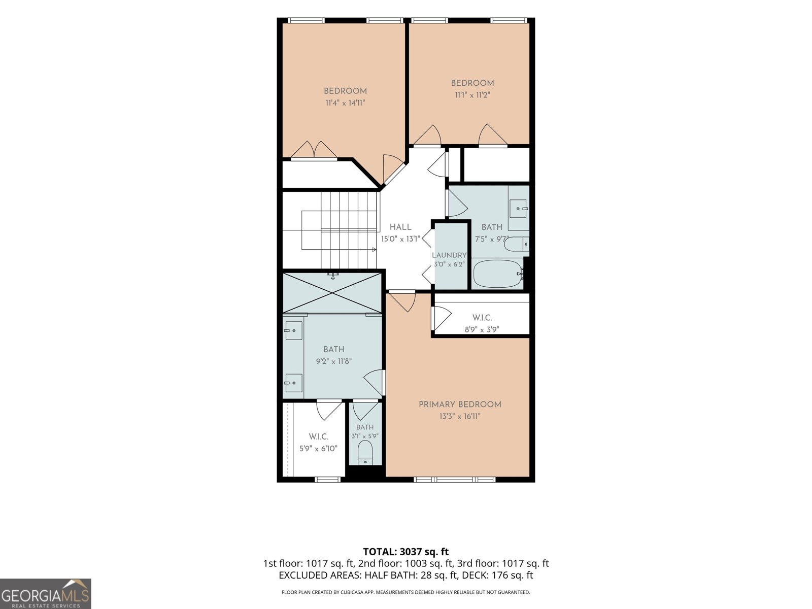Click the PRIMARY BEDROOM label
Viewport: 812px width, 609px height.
tap(460, 404)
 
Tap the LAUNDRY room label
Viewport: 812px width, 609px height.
tap(449, 255)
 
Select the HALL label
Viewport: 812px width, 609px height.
tap(400, 227)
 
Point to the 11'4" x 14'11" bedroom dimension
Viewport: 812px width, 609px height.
tap(345, 103)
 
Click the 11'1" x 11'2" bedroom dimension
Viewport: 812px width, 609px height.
tap(472, 95)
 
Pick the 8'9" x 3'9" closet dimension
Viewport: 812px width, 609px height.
tap(482, 329)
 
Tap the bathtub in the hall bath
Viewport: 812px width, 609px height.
tap(498, 274)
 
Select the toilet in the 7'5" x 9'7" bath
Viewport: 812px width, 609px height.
tap(517, 244)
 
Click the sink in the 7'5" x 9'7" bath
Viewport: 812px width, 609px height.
tap(518, 209)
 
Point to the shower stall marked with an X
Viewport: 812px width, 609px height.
tap(332, 293)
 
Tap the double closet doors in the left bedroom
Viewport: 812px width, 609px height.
tap(314, 151)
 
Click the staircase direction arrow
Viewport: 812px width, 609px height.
tap(375, 250)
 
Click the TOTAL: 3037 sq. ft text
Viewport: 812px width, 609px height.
tap(406, 552)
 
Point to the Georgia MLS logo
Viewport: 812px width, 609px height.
tap(46, 594)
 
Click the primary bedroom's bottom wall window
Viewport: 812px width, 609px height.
tap(454, 480)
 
